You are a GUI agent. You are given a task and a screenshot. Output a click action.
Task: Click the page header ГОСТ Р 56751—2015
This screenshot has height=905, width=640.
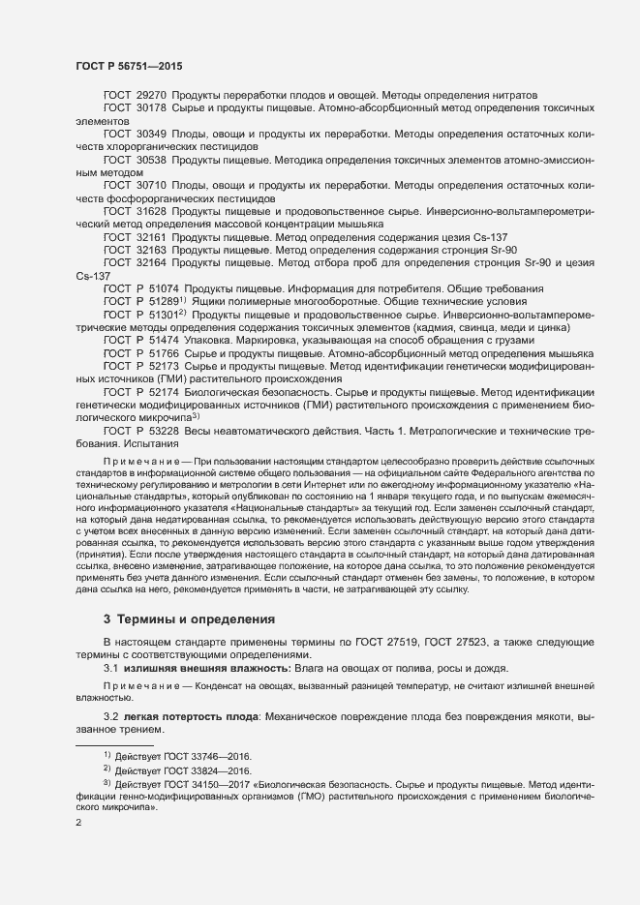pos(128,65)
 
